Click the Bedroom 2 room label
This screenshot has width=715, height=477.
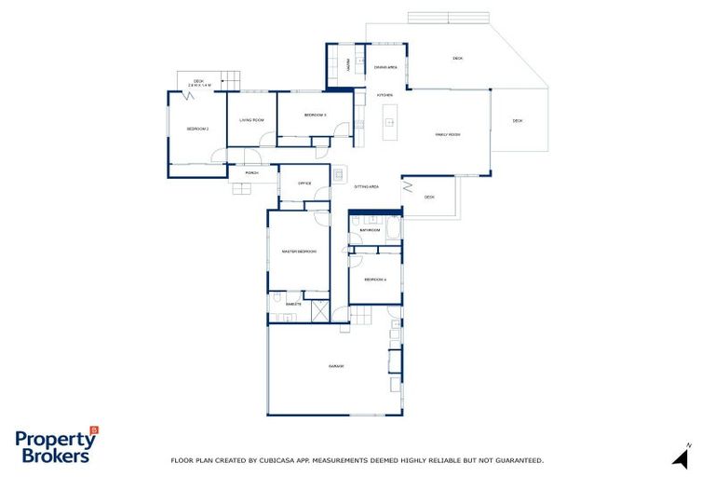click(x=196, y=129)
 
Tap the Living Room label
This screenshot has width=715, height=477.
click(x=251, y=120)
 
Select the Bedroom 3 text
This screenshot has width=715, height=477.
click(x=314, y=115)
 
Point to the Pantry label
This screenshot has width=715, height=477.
click(x=348, y=66)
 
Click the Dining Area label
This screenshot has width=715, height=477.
click(x=385, y=67)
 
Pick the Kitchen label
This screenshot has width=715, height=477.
click(x=384, y=95)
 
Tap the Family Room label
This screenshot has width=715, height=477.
click(x=448, y=135)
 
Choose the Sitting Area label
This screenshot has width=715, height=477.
click(x=367, y=186)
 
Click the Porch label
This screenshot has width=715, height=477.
click(x=251, y=172)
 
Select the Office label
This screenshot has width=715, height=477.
click(x=304, y=183)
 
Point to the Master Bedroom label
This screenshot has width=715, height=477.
click(x=299, y=252)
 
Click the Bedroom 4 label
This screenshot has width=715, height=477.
click(x=374, y=279)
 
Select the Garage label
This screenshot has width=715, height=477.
click(x=336, y=366)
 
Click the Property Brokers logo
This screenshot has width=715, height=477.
click(x=56, y=446)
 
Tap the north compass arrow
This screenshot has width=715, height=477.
click(x=682, y=456)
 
